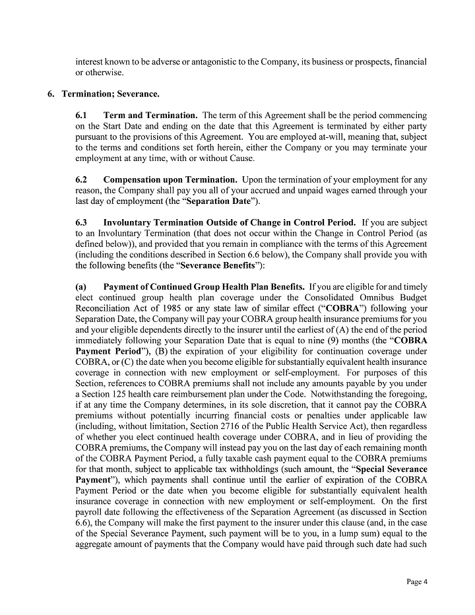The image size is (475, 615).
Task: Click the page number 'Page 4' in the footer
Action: point(417,581)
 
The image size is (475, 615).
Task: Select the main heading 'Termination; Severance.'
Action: point(110,94)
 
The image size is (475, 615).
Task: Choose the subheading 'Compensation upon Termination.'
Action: point(170,179)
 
